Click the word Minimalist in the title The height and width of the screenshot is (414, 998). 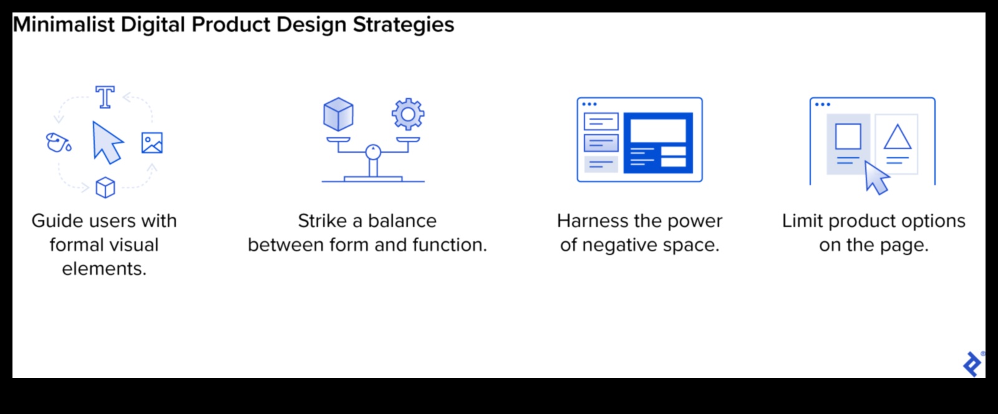pyautogui.click(x=64, y=25)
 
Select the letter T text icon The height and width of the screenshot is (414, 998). pyautogui.click(x=105, y=97)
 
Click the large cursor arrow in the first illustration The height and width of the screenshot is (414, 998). pyautogui.click(x=107, y=142)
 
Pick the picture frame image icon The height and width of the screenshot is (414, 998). pyautogui.click(x=152, y=143)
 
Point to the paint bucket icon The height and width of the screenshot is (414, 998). pyautogui.click(x=59, y=142)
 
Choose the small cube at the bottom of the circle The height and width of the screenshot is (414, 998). pyautogui.click(x=105, y=187)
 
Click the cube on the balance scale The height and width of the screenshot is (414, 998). pyautogui.click(x=338, y=114)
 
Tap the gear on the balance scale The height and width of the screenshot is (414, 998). pyautogui.click(x=408, y=114)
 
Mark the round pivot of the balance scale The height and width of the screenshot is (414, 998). pyautogui.click(x=373, y=151)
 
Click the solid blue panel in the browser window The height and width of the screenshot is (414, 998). pyautogui.click(x=658, y=143)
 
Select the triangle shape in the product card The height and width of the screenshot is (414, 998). pyautogui.click(x=897, y=137)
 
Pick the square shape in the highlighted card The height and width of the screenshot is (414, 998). pyautogui.click(x=848, y=136)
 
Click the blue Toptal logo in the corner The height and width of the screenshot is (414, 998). pyautogui.click(x=972, y=363)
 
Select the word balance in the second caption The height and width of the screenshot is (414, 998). pyautogui.click(x=402, y=221)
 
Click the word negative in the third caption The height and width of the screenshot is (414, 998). pyautogui.click(x=619, y=245)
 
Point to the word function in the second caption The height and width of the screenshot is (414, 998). pyautogui.click(x=449, y=245)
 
